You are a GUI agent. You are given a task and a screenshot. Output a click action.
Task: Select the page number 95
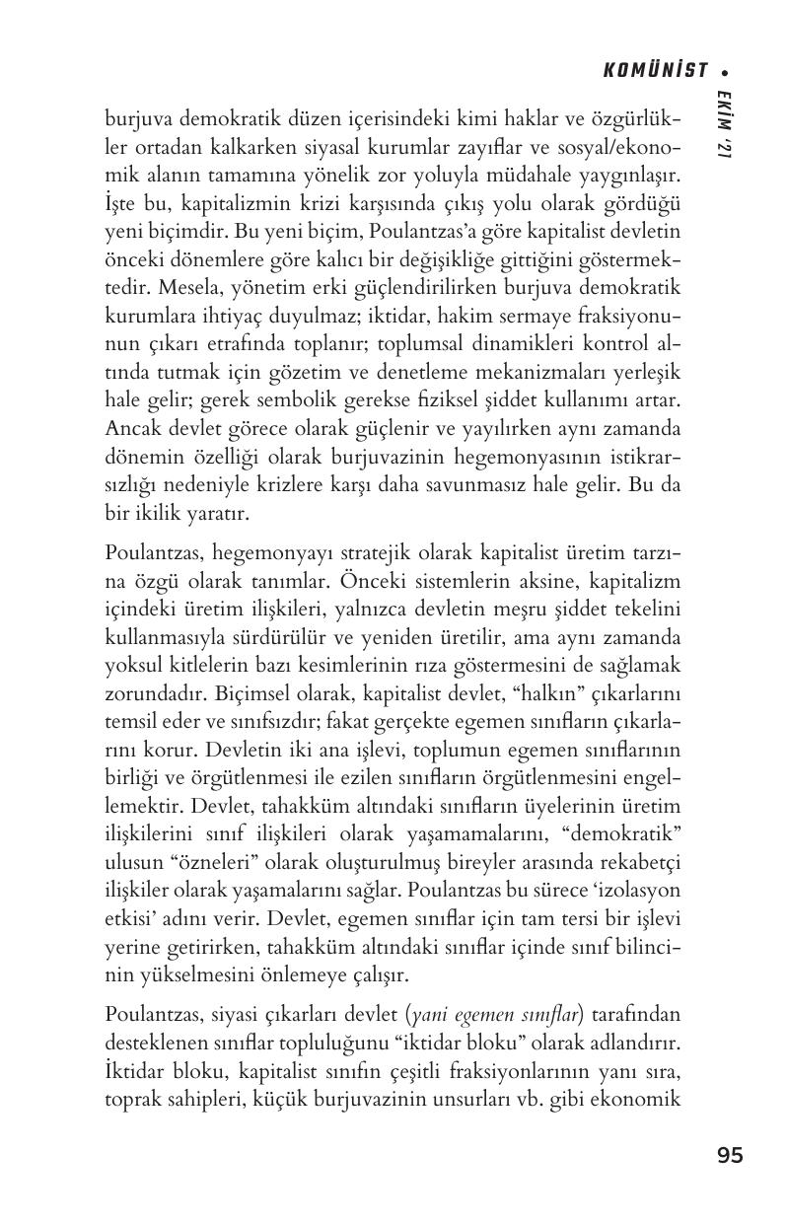coord(730,1155)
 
